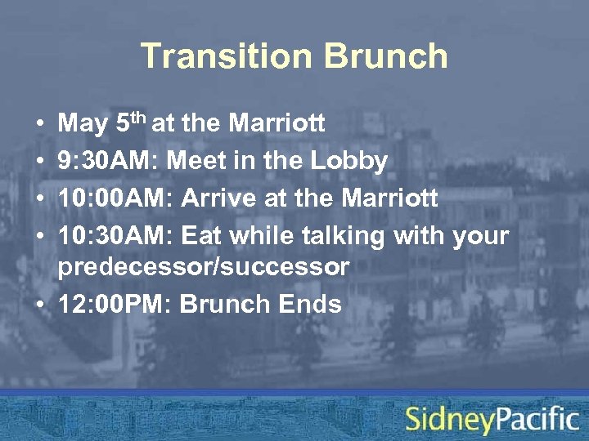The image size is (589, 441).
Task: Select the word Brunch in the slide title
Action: [x=385, y=56]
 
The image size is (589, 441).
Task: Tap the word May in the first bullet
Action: [x=83, y=124]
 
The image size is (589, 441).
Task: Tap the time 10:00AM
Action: [x=115, y=198]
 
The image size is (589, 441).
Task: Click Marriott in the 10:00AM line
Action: [x=389, y=198]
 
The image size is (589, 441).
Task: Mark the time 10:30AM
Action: [x=115, y=236]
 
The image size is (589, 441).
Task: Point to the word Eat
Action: [x=202, y=236]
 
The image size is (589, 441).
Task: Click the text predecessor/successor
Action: [x=204, y=267]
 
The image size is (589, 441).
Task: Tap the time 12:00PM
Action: [x=115, y=304]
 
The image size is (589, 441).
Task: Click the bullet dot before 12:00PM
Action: [x=40, y=305]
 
